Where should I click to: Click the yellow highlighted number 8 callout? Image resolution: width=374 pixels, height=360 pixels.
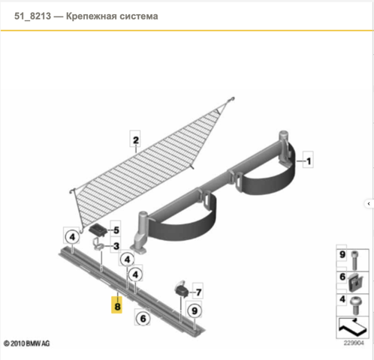(116, 304)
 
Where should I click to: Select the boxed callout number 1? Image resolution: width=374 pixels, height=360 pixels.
(308, 160)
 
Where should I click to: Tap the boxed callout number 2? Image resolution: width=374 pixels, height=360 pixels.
(135, 139)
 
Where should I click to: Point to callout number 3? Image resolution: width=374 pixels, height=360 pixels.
(116, 246)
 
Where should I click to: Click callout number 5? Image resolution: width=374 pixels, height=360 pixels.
(116, 230)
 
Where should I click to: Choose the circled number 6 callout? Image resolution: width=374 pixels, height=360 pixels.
(143, 318)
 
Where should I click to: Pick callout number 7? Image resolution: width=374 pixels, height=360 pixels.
(198, 292)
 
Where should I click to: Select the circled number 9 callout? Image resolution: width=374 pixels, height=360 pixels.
(195, 310)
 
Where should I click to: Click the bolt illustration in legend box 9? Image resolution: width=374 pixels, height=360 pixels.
(354, 260)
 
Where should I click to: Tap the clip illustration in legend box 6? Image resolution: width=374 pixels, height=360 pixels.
(355, 283)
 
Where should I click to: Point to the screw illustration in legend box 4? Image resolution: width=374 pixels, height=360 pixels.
(356, 305)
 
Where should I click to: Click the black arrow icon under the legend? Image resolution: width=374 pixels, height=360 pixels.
(353, 327)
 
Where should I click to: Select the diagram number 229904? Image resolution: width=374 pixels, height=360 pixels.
(353, 343)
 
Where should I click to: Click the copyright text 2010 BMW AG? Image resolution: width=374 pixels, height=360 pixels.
(27, 343)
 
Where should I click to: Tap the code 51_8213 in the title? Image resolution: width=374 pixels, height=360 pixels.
(32, 16)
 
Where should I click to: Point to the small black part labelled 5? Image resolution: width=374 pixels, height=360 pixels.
(98, 229)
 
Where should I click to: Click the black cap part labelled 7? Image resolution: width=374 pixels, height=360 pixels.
(182, 290)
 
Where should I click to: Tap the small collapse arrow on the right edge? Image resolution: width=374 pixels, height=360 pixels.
(369, 204)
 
